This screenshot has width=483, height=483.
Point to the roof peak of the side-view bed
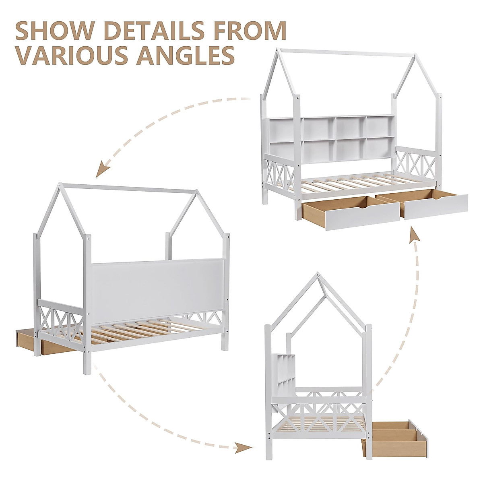tap(318, 276)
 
